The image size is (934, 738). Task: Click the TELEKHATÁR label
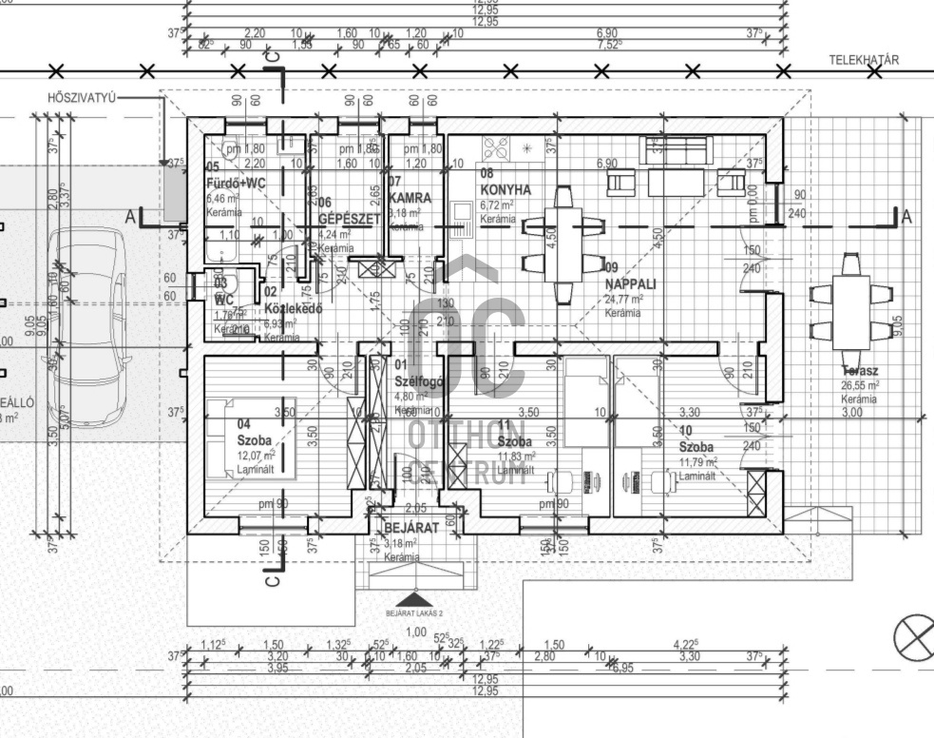(x=864, y=59)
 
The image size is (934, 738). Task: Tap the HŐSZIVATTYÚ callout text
(x=81, y=98)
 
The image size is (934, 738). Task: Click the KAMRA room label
(x=410, y=198)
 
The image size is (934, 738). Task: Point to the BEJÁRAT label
(x=410, y=528)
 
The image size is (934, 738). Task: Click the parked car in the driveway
(x=88, y=323)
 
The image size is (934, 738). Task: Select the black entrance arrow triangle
(x=410, y=599)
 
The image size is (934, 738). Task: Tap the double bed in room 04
(x=249, y=438)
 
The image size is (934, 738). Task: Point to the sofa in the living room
(x=677, y=148)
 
